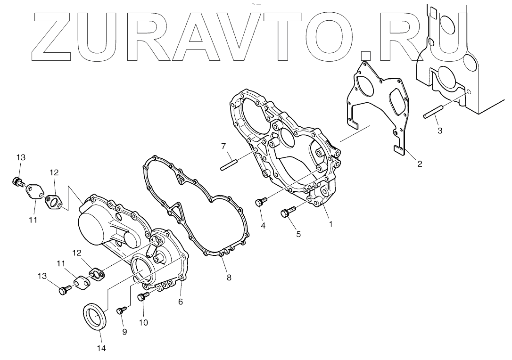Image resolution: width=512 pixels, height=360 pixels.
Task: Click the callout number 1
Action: click(330, 224)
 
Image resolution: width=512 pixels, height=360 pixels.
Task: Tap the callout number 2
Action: click(419, 164)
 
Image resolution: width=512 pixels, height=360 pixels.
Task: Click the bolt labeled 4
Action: click(259, 202)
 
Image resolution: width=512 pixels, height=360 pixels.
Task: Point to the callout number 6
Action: click(180, 302)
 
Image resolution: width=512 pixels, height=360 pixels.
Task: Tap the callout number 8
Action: click(229, 278)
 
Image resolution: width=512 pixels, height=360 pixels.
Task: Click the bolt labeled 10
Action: click(142, 297)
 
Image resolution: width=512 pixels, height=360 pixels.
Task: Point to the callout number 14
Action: click(101, 348)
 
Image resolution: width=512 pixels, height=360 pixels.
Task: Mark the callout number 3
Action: click(439, 131)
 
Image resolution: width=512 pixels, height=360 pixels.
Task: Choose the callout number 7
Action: click(224, 147)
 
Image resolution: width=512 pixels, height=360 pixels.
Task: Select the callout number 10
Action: click(143, 322)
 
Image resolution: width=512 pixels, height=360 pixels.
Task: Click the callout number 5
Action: click(298, 233)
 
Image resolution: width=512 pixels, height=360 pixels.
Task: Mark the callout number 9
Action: click(124, 332)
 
